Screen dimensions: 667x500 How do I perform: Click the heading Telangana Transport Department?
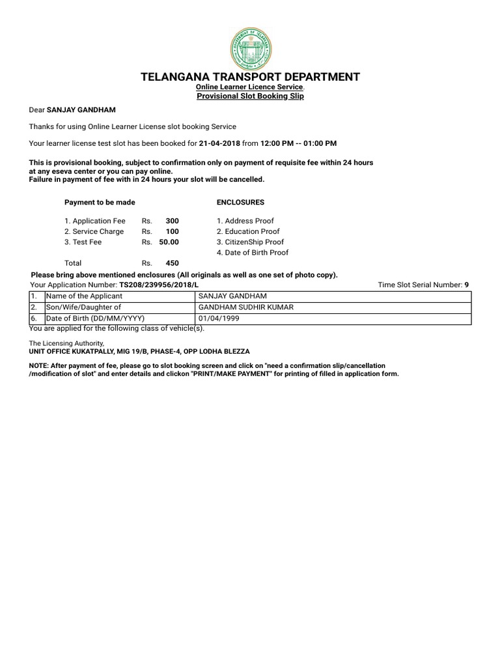250,77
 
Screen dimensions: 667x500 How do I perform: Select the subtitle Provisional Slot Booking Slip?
250,96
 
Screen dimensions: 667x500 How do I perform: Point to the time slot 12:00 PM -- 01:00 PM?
298,143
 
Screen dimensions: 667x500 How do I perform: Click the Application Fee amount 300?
172,221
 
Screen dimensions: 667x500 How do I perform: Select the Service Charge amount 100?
172,231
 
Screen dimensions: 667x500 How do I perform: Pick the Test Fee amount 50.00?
169,242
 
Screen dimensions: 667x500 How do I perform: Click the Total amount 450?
172,263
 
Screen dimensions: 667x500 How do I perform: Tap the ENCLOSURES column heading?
240,203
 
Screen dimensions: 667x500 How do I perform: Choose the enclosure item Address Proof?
245,221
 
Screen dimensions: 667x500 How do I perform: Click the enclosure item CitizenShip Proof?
250,242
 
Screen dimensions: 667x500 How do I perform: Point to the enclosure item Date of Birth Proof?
253,252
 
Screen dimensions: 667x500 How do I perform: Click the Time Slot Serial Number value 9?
466,285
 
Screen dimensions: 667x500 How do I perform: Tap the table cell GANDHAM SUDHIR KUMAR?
237,307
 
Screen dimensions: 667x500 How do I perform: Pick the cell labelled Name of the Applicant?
83,296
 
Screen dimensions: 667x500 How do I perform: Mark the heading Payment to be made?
99,203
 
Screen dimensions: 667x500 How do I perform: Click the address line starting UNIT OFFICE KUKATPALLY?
139,351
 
